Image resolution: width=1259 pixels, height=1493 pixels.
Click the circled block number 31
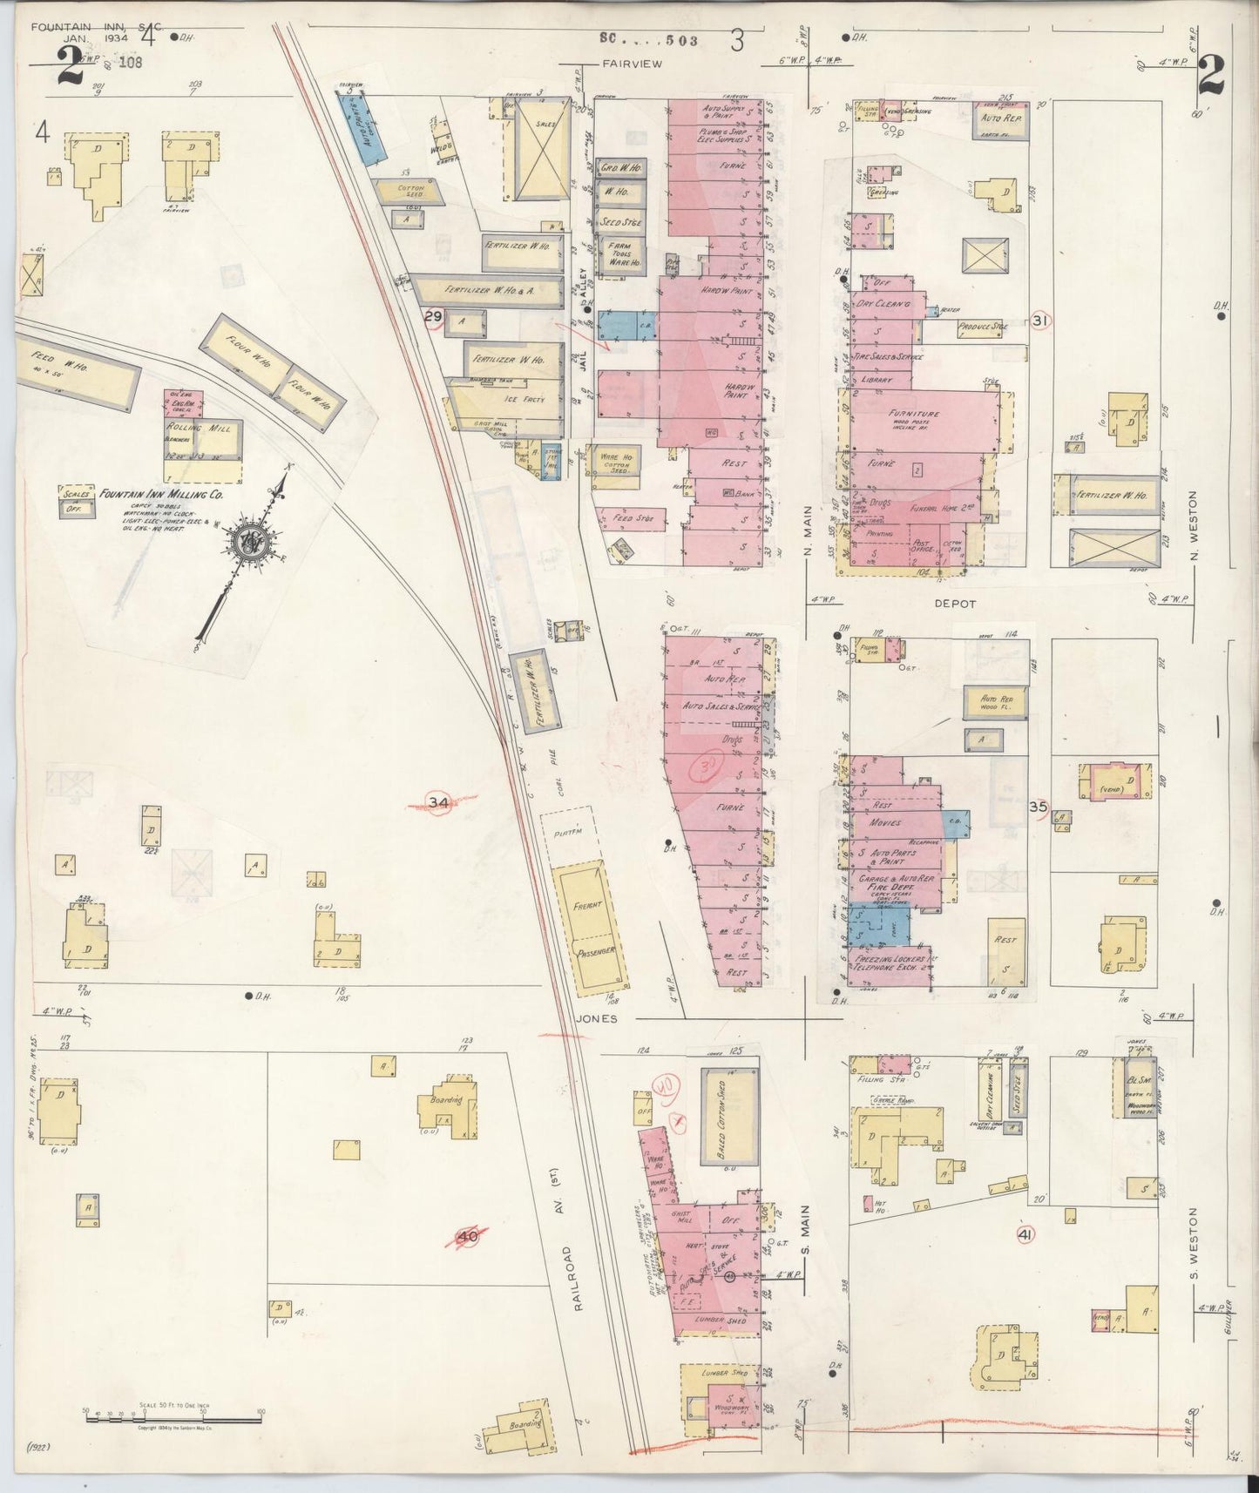point(1039,321)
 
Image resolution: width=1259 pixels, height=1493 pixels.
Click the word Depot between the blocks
point(955,603)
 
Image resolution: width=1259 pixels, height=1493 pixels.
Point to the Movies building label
point(883,822)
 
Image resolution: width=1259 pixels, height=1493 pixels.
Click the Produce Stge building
point(982,328)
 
